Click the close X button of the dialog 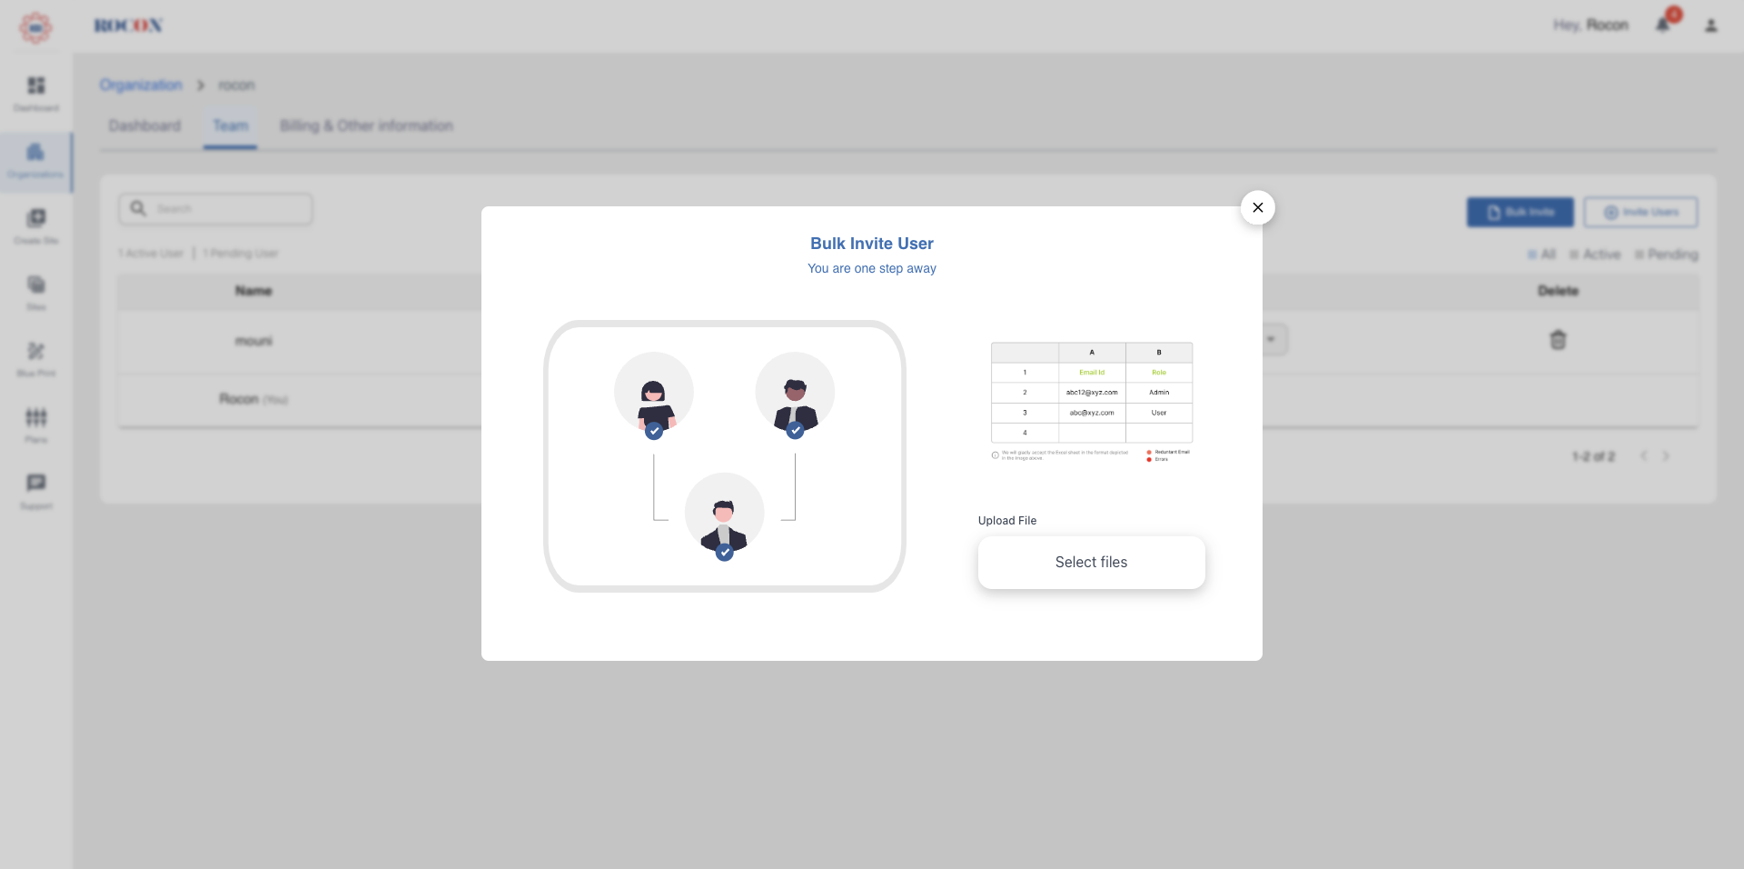click(1257, 208)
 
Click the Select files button click(1091, 563)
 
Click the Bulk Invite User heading click(871, 244)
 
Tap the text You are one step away click(871, 269)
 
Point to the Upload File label click(1006, 521)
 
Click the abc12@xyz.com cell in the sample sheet click(1092, 393)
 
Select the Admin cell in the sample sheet click(1158, 393)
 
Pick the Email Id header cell click(1092, 373)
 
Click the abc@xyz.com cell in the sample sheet click(1092, 413)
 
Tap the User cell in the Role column click(1158, 413)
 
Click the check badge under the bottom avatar click(724, 552)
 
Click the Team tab click(230, 126)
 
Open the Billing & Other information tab click(366, 126)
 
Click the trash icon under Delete click(1558, 340)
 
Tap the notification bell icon click(1662, 25)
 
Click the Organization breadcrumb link click(141, 85)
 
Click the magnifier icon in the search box click(138, 208)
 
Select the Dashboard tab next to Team click(144, 126)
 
